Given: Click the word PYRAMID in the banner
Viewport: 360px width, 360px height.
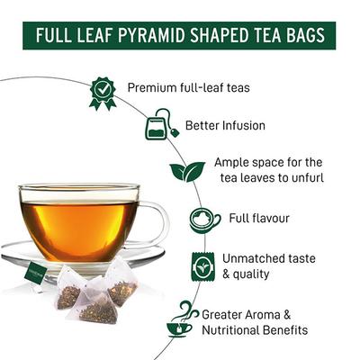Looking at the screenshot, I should pyautogui.click(x=151, y=37).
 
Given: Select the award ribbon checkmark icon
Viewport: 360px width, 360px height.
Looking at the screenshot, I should pyautogui.click(x=102, y=92).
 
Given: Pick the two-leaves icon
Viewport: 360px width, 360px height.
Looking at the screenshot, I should pyautogui.click(x=187, y=171).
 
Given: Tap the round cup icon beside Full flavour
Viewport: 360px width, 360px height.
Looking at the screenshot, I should pyautogui.click(x=205, y=220).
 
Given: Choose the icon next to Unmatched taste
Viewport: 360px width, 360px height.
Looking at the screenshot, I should pyautogui.click(x=202, y=266).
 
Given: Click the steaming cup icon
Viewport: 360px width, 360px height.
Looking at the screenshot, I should pyautogui.click(x=183, y=319).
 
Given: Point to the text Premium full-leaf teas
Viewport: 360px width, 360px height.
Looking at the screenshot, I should pyautogui.click(x=187, y=87).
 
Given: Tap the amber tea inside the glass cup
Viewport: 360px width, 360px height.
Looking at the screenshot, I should pyautogui.click(x=81, y=220).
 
